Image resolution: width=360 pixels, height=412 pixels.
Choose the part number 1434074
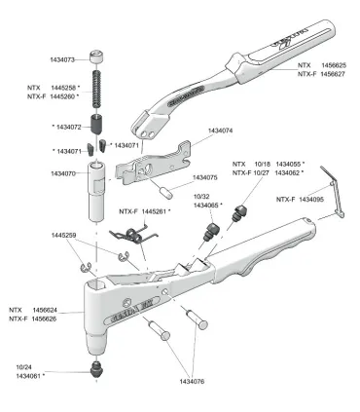click(221, 129)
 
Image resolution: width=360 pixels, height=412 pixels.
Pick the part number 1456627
click(331, 73)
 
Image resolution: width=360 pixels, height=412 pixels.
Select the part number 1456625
click(331, 64)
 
